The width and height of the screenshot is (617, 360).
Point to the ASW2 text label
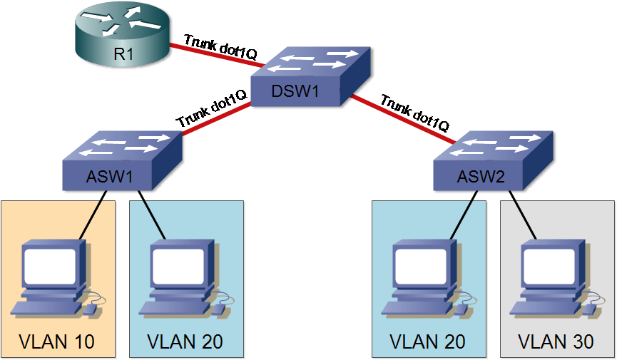tap(481, 176)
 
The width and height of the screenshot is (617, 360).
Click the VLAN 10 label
tap(57, 341)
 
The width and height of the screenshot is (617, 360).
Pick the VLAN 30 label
tap(556, 341)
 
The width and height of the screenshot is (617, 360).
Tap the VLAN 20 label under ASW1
tap(185, 341)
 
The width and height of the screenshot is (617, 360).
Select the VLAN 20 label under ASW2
tap(428, 341)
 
